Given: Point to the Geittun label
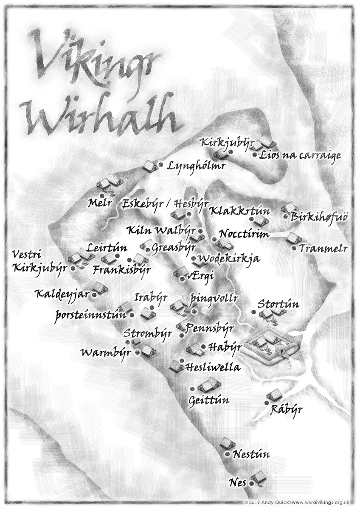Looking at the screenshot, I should pos(208,400).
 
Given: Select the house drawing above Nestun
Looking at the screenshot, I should pos(228,444).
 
